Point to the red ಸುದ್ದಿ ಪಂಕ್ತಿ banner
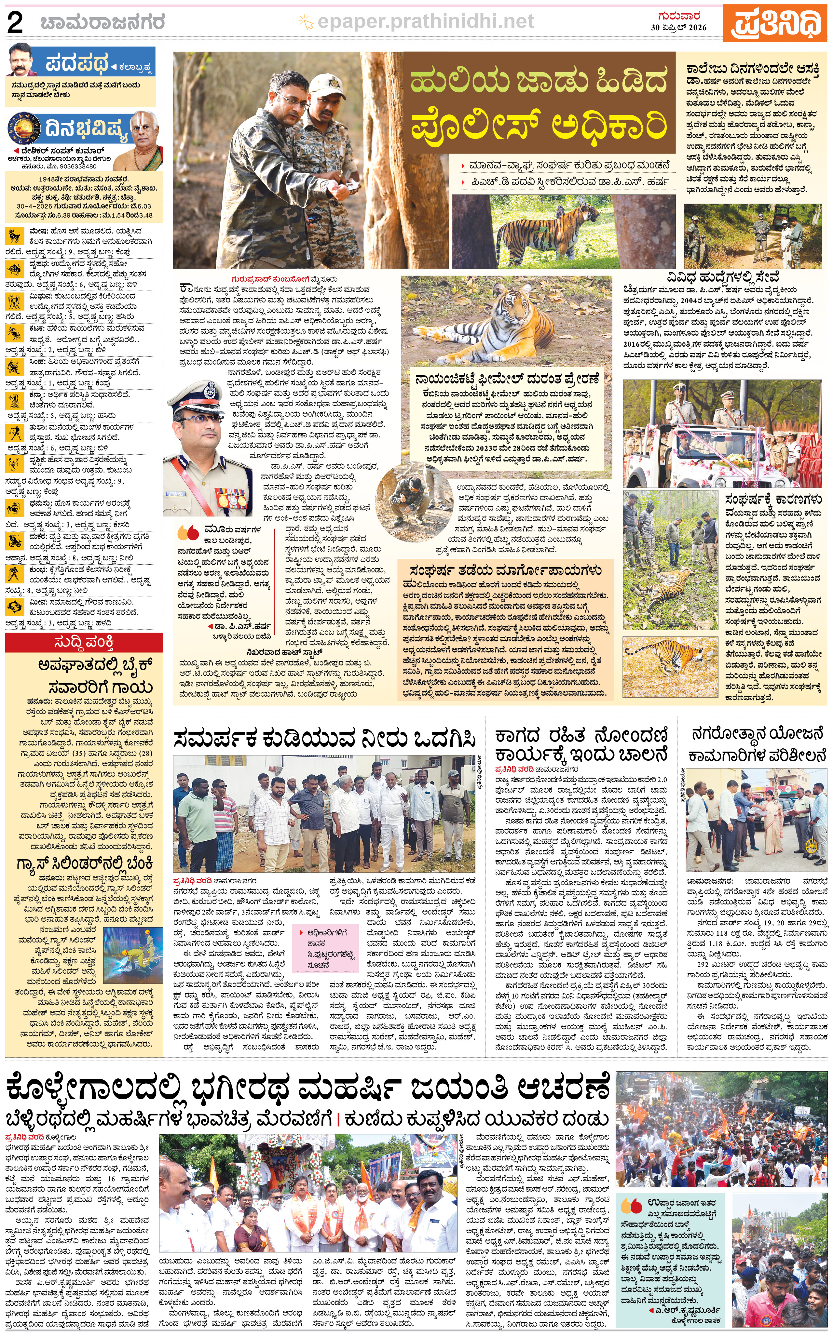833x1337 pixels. point(84,642)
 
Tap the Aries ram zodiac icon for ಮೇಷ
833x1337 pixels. point(13,236)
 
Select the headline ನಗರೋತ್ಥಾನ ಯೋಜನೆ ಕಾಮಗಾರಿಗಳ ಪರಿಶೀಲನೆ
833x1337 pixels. point(758,744)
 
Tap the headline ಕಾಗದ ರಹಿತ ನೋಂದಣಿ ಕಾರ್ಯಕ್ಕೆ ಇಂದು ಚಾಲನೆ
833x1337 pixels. point(581,744)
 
